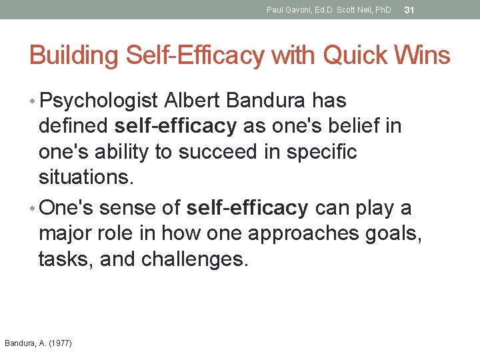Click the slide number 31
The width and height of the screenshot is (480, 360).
point(410,10)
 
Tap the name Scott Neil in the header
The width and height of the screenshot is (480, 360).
point(355,10)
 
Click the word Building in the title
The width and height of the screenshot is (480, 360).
point(69,56)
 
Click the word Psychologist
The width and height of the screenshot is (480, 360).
point(99,101)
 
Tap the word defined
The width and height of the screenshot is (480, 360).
point(74,126)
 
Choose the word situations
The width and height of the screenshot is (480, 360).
point(85,177)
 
